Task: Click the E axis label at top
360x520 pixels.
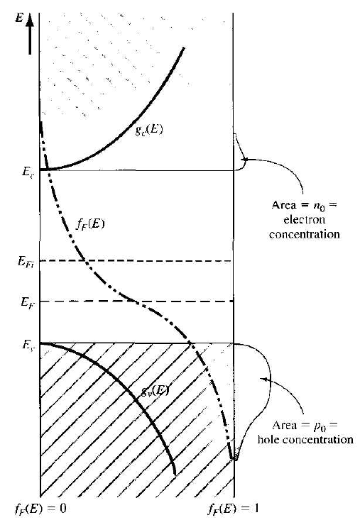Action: click(x=19, y=18)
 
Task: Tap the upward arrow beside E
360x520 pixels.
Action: click(x=30, y=34)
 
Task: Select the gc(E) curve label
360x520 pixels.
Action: click(x=149, y=130)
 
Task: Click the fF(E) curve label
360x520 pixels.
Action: click(x=89, y=224)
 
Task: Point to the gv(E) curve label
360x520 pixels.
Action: click(x=155, y=391)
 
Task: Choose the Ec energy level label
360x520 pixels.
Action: click(x=27, y=172)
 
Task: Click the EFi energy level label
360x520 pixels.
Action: click(x=27, y=261)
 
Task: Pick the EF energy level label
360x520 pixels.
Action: click(x=26, y=302)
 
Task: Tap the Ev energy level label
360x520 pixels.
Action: click(x=27, y=345)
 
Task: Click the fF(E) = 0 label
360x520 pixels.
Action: click(x=40, y=509)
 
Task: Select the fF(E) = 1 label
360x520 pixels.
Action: click(x=233, y=509)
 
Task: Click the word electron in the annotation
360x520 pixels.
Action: click(x=304, y=219)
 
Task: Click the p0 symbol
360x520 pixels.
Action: click(x=320, y=426)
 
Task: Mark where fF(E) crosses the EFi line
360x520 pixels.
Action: click(x=85, y=261)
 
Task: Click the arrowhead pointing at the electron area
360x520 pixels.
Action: click(x=244, y=160)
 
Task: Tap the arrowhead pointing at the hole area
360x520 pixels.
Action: click(x=263, y=379)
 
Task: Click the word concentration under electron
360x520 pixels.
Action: click(x=304, y=234)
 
